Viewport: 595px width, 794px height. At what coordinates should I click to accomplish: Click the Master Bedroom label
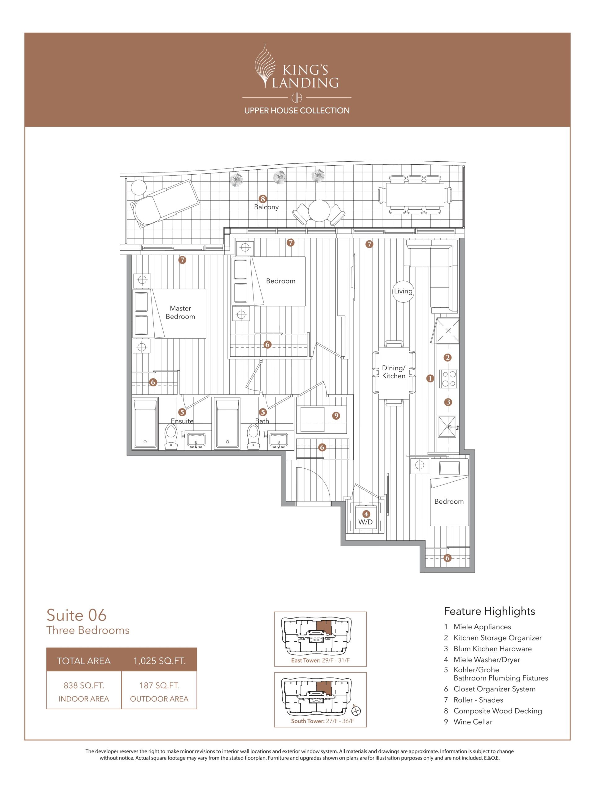coord(180,312)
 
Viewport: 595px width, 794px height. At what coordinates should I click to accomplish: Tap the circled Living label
coord(403,291)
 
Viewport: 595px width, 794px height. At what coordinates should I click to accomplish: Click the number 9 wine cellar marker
coord(336,416)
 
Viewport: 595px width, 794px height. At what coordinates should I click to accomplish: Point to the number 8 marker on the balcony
coord(263,198)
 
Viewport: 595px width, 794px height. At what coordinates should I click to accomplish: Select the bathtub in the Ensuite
coord(145,424)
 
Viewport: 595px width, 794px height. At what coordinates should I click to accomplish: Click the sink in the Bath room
coord(278,440)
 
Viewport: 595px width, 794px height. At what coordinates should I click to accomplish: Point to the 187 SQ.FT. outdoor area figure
coord(159,685)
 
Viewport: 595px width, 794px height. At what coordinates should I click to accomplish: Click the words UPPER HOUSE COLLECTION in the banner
coord(297,110)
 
